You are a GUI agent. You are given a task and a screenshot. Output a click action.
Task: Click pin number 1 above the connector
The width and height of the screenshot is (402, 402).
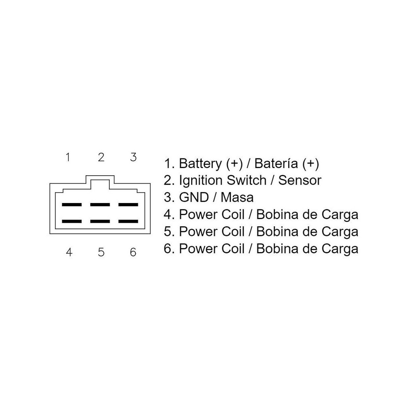coord(68,157)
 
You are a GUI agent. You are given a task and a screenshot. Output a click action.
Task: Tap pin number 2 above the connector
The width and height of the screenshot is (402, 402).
coord(101,157)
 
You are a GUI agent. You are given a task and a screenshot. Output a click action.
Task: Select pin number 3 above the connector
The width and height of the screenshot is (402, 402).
coord(133,157)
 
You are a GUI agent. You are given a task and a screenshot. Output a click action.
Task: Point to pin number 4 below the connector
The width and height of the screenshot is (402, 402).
coord(69,252)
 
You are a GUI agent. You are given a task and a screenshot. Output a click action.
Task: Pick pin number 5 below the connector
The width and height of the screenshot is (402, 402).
coord(101,252)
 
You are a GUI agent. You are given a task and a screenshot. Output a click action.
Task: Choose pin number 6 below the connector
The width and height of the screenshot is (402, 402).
coord(133,252)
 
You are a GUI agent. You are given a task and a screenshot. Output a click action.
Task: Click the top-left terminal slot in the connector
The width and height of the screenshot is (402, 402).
coord(72,205)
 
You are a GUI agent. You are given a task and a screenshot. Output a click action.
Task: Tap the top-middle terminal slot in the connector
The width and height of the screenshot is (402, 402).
coord(100,205)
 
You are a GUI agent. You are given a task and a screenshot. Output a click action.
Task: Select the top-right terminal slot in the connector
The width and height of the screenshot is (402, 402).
coord(128,205)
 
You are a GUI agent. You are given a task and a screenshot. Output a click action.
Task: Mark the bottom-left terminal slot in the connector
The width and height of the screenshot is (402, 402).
coord(72,221)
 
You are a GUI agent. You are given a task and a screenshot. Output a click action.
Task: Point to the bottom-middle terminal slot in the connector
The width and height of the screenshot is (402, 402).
coord(100,221)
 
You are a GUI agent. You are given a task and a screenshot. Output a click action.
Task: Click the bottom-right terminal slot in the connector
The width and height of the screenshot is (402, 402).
coord(128,221)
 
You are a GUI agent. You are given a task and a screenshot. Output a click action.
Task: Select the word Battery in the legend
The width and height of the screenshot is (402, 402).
coord(200,164)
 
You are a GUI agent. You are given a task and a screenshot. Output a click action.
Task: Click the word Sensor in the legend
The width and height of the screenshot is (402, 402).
coord(300,180)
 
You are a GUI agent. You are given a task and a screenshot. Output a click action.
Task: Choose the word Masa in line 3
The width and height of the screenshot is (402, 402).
coord(237,197)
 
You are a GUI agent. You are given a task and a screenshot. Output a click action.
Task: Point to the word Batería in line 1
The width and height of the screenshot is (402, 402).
coord(277,164)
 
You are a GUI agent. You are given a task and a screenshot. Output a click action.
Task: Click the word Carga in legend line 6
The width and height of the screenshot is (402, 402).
coord(339,248)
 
